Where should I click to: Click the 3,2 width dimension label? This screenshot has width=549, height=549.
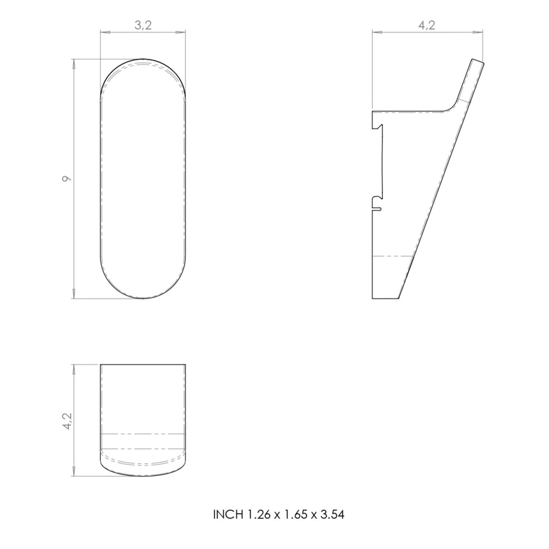143,25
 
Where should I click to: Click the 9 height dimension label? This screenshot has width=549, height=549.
66,179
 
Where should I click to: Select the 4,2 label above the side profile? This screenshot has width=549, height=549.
427,25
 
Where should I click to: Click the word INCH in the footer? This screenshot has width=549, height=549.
228,515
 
